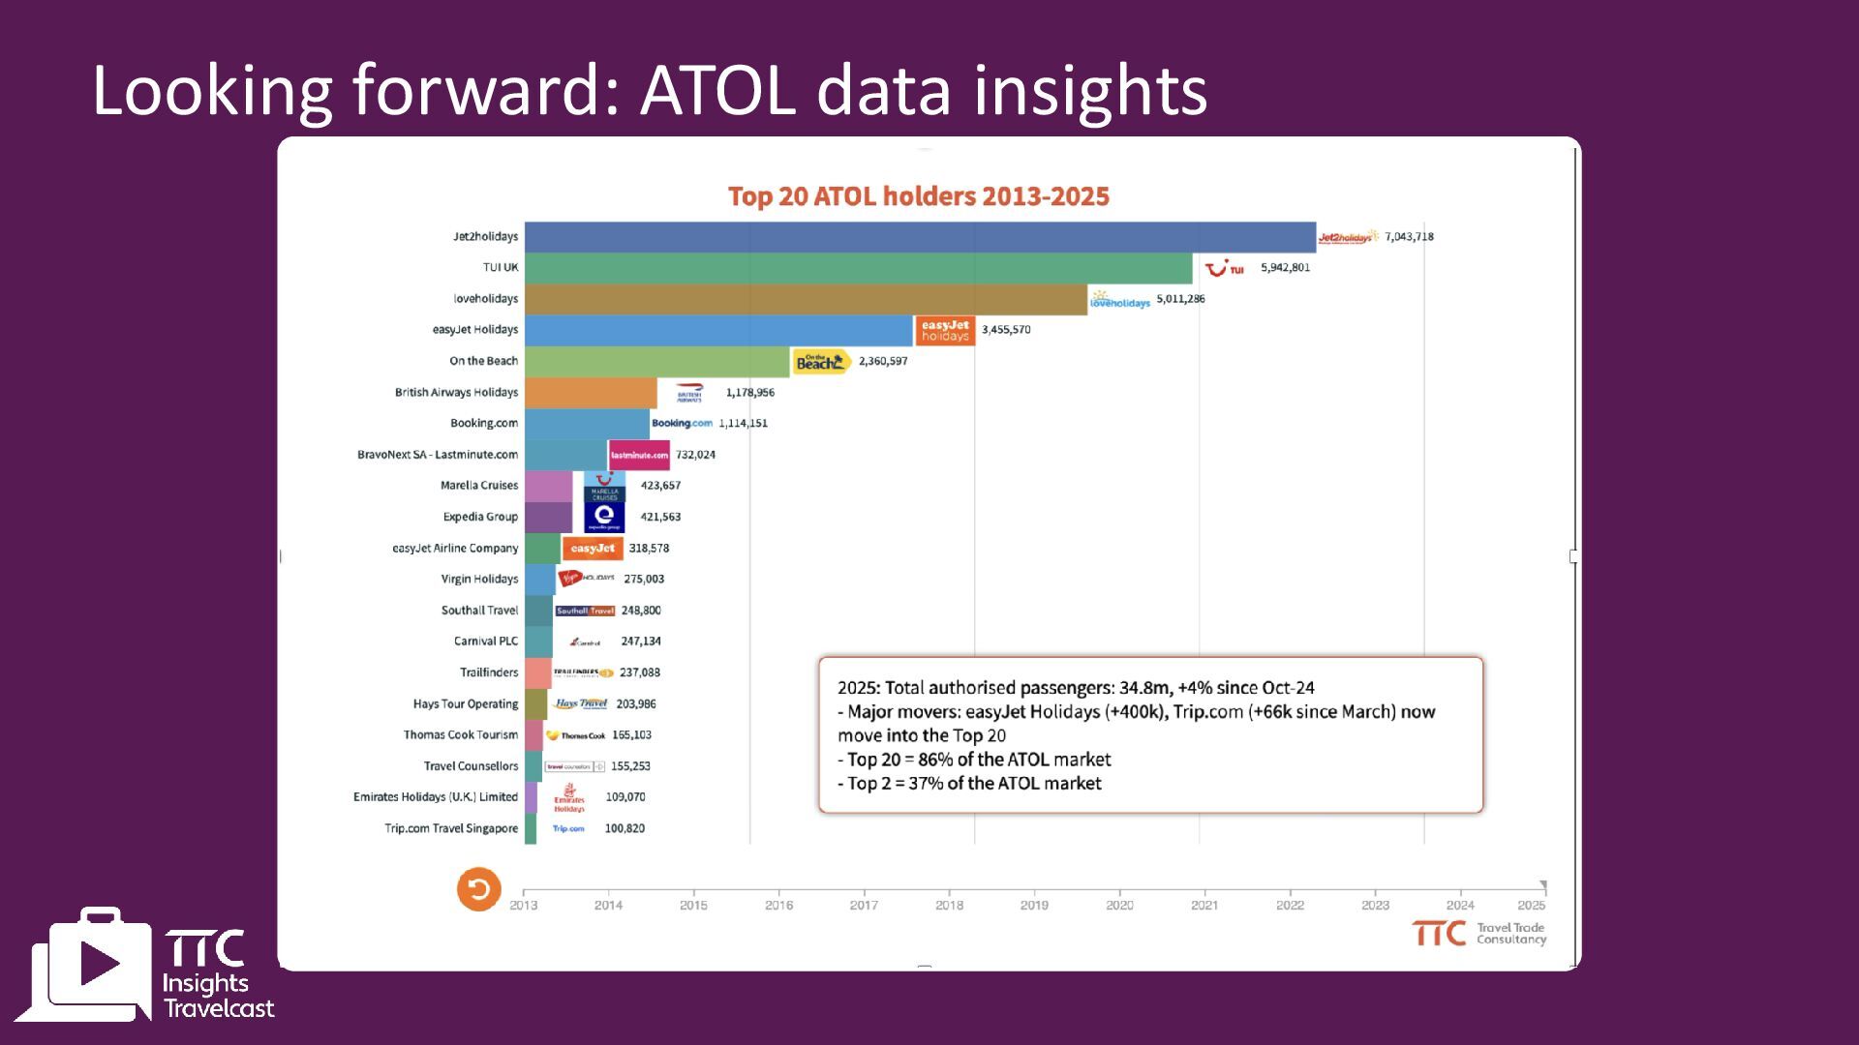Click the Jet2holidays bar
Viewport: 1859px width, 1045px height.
coord(920,237)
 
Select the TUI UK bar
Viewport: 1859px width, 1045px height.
coord(858,268)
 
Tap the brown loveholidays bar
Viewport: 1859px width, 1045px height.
coord(806,299)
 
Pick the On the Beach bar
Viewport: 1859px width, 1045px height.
coord(657,361)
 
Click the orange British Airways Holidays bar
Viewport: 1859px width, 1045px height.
coord(591,393)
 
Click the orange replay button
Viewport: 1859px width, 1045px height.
coord(478,889)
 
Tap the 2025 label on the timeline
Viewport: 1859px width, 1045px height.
coord(1531,906)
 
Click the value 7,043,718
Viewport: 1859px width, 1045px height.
coord(1409,237)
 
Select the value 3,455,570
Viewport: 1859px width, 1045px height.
coord(1006,330)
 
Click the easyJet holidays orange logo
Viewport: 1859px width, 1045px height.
coord(944,331)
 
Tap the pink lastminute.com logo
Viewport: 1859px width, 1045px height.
coord(639,455)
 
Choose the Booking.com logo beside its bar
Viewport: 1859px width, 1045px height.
coord(682,424)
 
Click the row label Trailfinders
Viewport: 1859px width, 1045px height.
coord(489,672)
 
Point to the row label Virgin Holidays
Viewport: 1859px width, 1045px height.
coord(479,580)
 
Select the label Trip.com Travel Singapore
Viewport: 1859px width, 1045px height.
coord(451,828)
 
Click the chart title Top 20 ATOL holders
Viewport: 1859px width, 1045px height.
coord(918,196)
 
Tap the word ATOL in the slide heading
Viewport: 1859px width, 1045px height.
coord(718,91)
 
